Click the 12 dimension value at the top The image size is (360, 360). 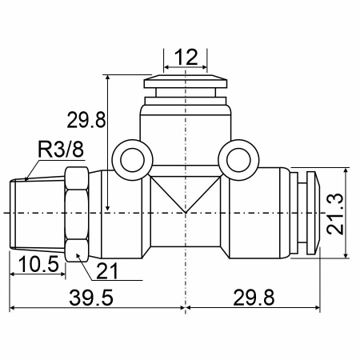point(186,57)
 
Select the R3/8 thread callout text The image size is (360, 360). point(61,150)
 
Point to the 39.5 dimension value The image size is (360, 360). point(91,298)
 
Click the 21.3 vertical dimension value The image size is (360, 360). point(336,214)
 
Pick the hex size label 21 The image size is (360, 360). point(107,271)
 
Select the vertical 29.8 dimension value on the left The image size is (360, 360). point(86,120)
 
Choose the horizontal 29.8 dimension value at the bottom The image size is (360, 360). point(254,298)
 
